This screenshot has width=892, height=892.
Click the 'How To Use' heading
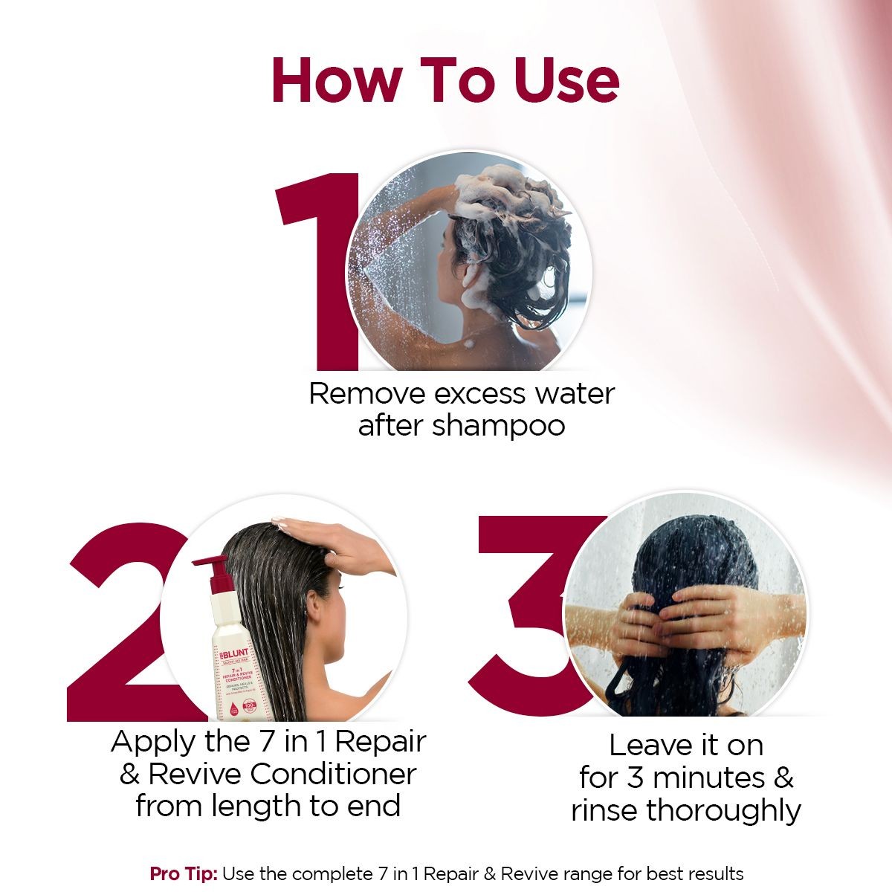[445, 80]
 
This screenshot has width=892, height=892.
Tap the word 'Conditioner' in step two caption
[333, 774]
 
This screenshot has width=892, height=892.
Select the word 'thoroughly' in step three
[724, 810]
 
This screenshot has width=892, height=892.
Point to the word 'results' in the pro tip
[713, 873]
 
